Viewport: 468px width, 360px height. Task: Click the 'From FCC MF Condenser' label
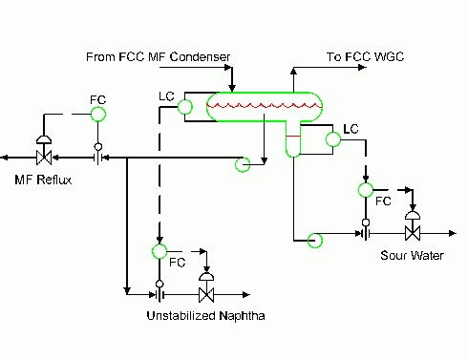159,56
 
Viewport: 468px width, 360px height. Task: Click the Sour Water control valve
413,232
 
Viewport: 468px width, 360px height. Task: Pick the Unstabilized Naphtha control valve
205,291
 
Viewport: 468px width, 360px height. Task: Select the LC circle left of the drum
185,108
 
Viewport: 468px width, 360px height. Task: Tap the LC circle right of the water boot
333,139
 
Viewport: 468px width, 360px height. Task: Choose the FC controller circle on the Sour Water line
366,188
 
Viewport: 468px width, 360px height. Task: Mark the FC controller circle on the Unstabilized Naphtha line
160,251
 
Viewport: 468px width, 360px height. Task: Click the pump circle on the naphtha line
245,164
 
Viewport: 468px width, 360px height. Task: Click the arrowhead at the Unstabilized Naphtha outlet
245,292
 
